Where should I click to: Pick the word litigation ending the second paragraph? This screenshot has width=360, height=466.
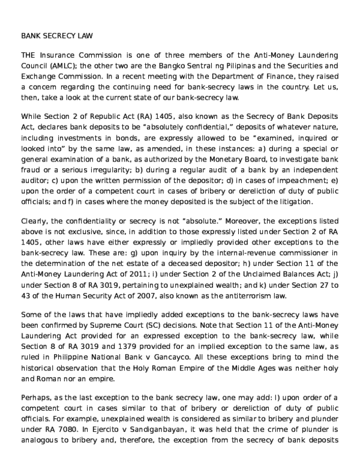(x=311, y=201)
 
